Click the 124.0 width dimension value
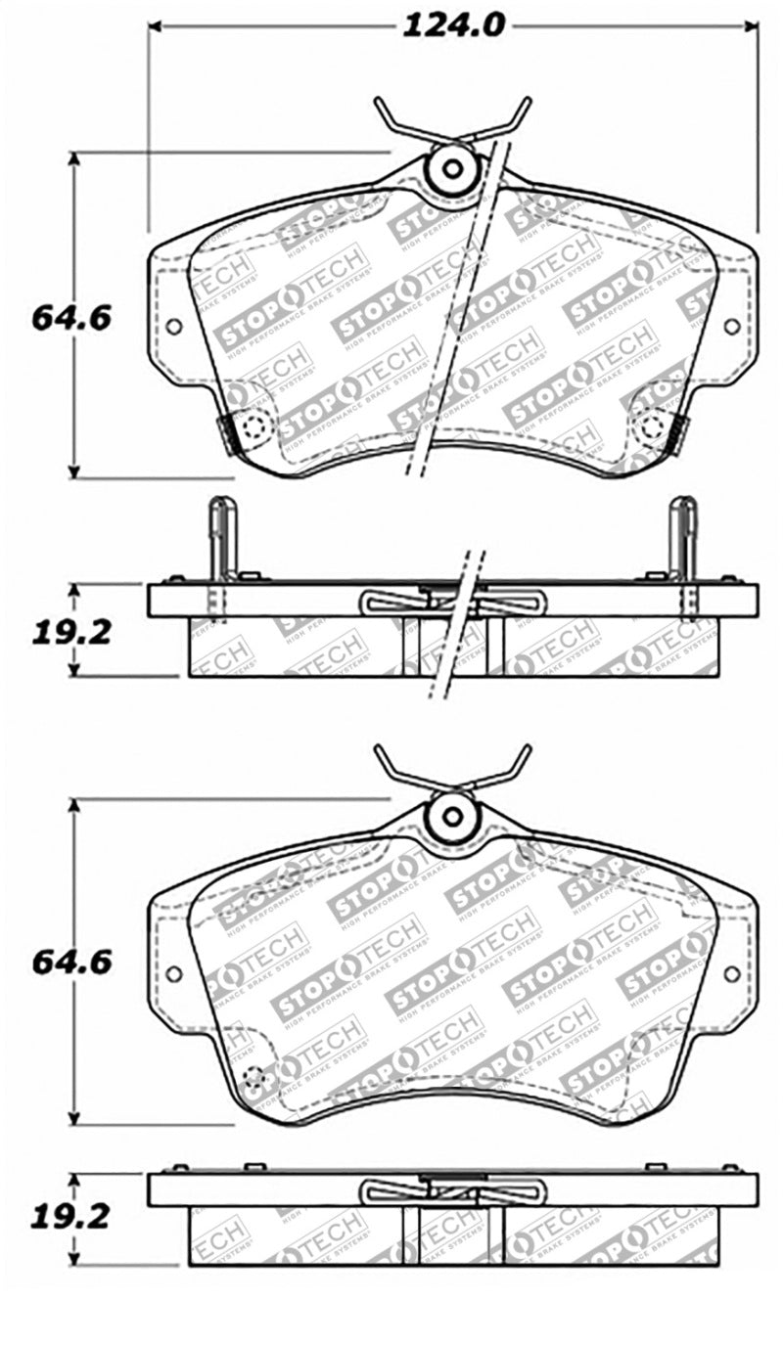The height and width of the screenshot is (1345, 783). (x=453, y=25)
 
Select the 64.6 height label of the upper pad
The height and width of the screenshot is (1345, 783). (x=71, y=317)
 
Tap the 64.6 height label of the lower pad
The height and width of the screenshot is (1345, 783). (x=71, y=962)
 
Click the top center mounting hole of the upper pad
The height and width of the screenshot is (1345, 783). (x=452, y=168)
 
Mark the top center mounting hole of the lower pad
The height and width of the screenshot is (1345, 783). (x=452, y=814)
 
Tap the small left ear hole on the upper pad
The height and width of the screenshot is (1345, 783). (x=173, y=327)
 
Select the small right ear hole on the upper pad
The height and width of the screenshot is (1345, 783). (x=731, y=327)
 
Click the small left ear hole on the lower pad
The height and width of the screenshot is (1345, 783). (x=173, y=973)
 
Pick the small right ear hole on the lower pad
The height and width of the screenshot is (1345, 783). (x=731, y=973)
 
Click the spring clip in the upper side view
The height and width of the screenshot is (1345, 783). (x=452, y=603)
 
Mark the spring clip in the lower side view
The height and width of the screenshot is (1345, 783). (x=452, y=1190)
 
